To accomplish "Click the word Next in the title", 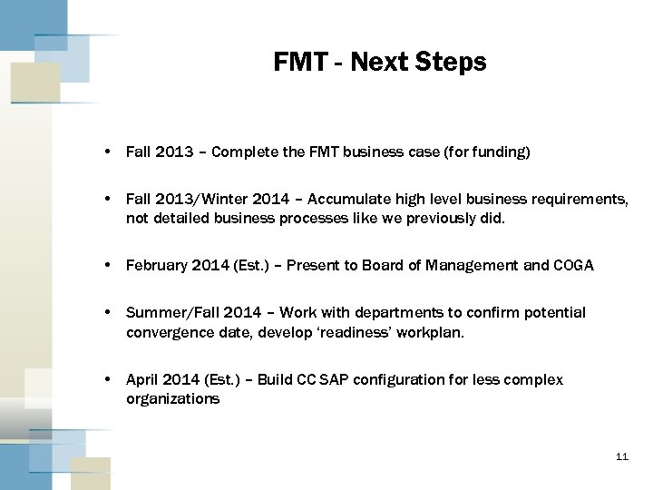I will coord(379,62).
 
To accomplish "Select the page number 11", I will coord(621,456).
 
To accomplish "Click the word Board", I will coord(383,265).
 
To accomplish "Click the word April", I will coord(142,379).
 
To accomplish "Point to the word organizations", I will coord(172,399).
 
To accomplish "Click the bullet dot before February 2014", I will coord(108,265).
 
